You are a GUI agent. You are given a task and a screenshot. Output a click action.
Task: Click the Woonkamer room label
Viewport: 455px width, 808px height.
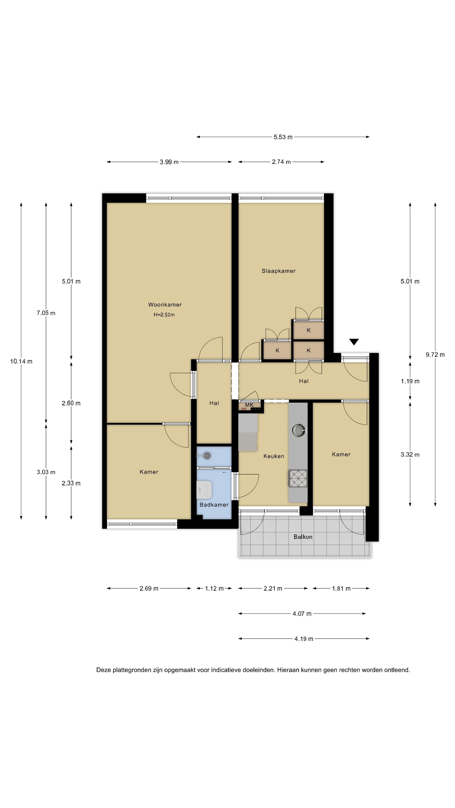[165, 305]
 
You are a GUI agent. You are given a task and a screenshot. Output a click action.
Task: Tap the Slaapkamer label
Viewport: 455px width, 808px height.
[279, 271]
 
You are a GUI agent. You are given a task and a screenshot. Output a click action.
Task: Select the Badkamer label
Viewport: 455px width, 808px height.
[214, 505]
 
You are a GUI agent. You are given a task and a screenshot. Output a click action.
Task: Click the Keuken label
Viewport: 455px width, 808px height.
[274, 456]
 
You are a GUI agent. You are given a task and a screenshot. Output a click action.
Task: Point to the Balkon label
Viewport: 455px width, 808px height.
[303, 537]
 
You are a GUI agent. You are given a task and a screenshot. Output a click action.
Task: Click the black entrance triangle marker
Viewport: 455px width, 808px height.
[354, 342]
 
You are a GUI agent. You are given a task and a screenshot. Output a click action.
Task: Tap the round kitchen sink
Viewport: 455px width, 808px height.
[298, 430]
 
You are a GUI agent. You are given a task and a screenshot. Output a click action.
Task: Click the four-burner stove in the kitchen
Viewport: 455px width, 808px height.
[298, 478]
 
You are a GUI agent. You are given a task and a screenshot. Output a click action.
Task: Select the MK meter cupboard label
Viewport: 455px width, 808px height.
[249, 405]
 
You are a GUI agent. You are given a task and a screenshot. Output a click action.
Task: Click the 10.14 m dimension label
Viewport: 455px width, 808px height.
[21, 361]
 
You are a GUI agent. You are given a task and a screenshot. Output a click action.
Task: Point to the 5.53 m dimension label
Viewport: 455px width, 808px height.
[283, 137]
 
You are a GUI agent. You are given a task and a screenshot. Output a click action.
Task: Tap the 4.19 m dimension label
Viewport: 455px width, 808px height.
[304, 639]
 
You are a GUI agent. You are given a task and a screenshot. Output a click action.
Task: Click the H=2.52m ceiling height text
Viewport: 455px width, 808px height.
[164, 315]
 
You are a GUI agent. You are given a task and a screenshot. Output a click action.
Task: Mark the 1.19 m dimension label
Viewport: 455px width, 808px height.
[410, 382]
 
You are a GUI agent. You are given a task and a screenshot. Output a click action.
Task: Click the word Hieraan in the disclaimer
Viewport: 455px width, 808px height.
[288, 670]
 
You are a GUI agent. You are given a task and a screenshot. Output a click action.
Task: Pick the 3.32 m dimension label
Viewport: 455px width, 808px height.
[410, 455]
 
